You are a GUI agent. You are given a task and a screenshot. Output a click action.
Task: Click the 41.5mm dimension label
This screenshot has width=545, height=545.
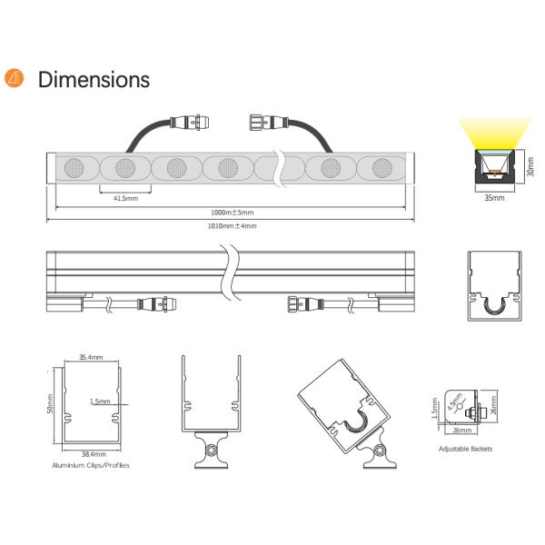click(x=125, y=197)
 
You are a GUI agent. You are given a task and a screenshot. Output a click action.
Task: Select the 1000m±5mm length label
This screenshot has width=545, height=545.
click(x=232, y=213)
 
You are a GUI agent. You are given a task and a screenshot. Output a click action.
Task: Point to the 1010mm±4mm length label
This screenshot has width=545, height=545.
click(x=232, y=225)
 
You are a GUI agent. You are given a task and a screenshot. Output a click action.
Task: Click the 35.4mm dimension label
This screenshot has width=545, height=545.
click(x=90, y=358)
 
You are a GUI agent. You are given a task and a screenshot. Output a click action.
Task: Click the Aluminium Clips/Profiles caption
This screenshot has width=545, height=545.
click(x=92, y=463)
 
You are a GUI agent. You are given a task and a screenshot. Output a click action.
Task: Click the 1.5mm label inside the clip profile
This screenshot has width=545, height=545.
click(x=101, y=401)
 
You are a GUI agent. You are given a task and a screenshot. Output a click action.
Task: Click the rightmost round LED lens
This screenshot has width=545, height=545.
click(x=377, y=169)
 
